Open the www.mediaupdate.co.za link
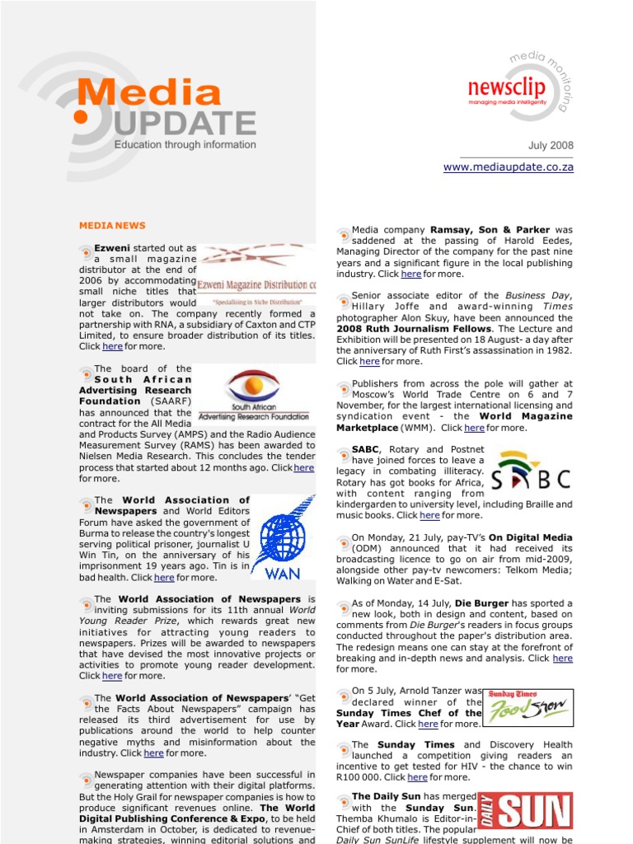pos(508,167)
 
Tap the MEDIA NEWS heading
pos(112,225)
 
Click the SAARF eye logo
pos(252,386)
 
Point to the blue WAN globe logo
pos(283,536)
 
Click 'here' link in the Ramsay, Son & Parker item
pos(410,274)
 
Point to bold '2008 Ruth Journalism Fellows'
pos(414,329)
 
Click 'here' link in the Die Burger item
pos(562,659)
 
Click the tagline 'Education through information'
pos(185,145)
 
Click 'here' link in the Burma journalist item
pos(164,578)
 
